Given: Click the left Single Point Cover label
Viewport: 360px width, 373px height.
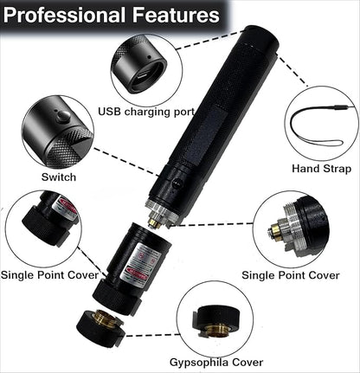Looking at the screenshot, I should (49, 275).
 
